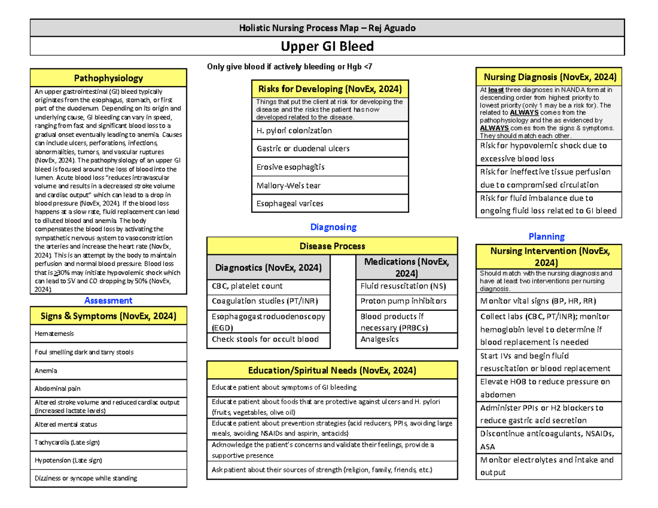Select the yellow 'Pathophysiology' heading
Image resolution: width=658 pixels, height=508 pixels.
coord(109,78)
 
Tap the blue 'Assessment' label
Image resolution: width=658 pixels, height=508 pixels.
coord(108,300)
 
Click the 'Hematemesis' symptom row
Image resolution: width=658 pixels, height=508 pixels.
coord(109,333)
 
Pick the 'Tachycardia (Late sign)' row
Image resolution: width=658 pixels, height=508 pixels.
coord(109,442)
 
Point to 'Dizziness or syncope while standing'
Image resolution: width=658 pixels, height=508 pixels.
coord(109,478)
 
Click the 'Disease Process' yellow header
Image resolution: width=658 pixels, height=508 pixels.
coord(332,246)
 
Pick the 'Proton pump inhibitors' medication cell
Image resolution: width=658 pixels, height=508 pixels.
coord(406,301)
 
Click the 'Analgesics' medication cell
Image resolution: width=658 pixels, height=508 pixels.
coord(406,340)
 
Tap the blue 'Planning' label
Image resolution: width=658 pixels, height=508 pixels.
coord(546,236)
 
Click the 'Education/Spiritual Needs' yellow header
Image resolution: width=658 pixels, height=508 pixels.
coord(332,370)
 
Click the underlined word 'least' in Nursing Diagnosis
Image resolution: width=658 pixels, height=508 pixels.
coord(495,89)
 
